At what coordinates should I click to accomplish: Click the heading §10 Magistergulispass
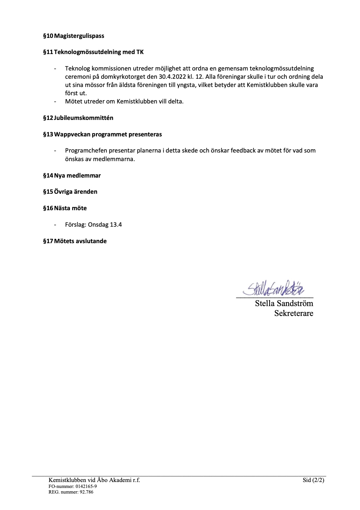coord(74,36)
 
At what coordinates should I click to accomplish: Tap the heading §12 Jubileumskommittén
coord(78,118)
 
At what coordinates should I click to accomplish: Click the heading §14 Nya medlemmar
coord(72,175)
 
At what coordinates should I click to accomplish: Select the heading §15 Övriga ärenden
coord(70,191)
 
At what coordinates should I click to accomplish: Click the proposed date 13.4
coord(116,225)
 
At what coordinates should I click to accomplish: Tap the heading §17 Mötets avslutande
coord(75,241)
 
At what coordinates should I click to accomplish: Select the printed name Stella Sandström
coord(284,303)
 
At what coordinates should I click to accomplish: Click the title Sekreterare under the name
coord(293,313)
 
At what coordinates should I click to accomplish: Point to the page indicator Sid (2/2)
coord(314,480)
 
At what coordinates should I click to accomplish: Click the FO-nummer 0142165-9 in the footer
coord(73,486)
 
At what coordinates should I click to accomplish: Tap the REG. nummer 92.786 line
coord(71,492)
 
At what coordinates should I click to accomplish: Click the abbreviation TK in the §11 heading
coord(140,52)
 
